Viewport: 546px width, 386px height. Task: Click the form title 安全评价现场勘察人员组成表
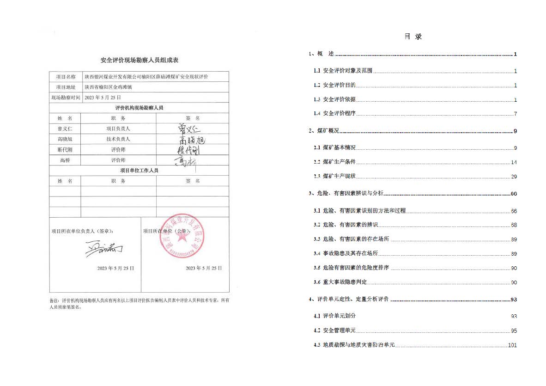[x=140, y=60]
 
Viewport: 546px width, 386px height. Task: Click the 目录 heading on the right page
[x=413, y=37]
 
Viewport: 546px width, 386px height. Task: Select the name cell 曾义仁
[x=65, y=129]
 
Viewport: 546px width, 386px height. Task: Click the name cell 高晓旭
[x=65, y=139]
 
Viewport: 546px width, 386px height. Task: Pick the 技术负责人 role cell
[x=118, y=139]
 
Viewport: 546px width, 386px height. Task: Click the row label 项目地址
[x=65, y=87]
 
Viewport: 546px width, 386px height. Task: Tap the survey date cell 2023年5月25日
[x=103, y=98]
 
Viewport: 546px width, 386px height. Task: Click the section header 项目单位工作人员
[x=139, y=171]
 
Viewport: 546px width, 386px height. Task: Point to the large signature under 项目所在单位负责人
[x=104, y=249]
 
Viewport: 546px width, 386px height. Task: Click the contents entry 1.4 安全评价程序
[x=339, y=114]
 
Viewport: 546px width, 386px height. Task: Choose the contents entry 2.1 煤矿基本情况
[x=339, y=148]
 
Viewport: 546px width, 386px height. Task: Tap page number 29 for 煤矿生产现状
[x=514, y=177]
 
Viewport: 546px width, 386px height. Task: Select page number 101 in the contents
[x=512, y=345]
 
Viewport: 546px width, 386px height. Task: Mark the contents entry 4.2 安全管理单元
[x=339, y=331]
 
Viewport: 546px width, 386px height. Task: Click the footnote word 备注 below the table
[x=55, y=300]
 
